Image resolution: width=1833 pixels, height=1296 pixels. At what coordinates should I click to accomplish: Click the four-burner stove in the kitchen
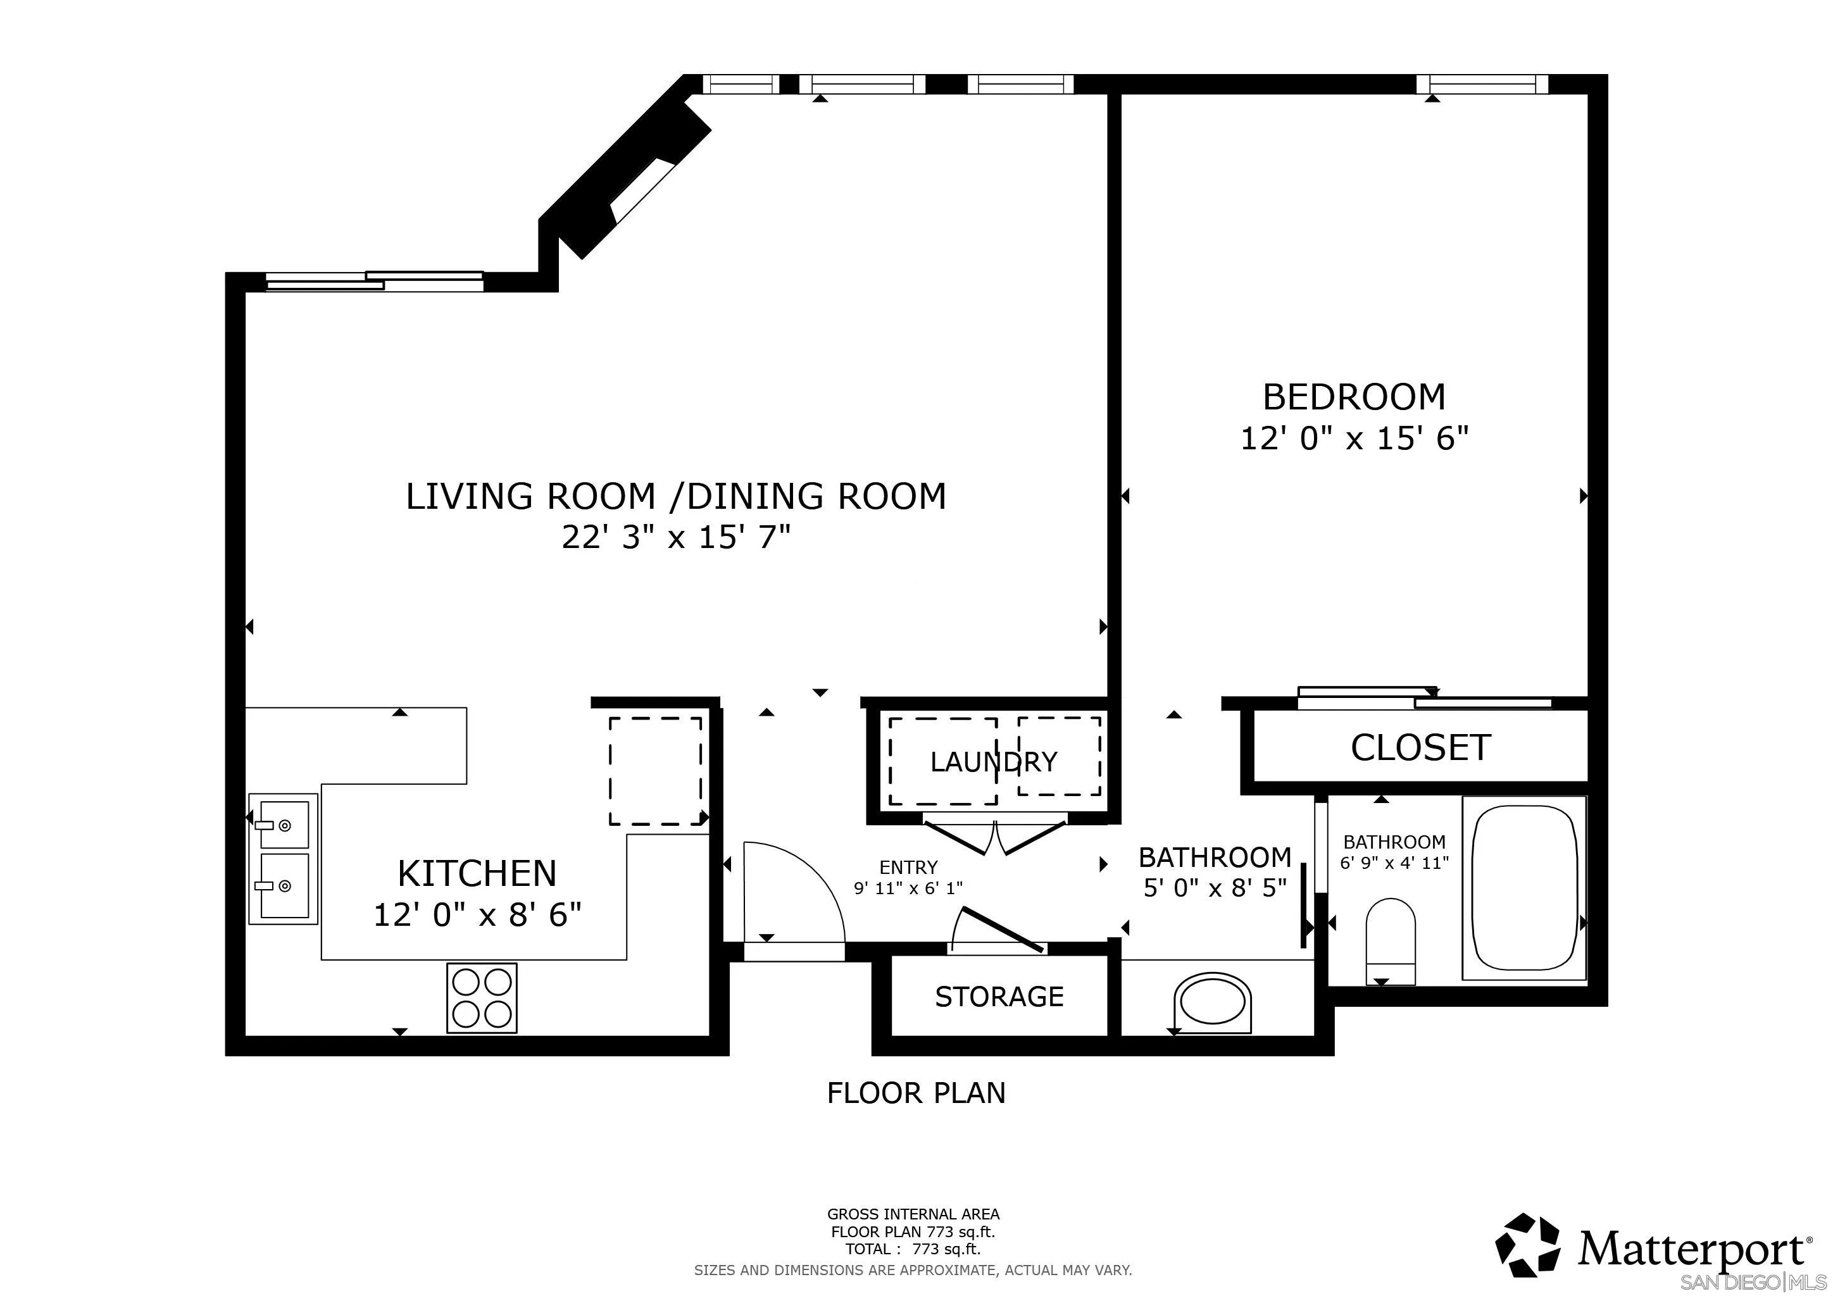(482, 997)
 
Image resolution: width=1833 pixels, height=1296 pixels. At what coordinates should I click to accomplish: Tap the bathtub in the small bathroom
(1523, 887)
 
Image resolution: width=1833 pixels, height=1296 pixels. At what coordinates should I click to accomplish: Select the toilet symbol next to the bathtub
(1390, 940)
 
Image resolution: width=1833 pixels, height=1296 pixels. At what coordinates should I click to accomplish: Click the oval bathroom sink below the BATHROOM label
(1212, 1002)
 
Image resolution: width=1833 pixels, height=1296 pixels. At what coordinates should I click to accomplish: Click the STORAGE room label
(999, 997)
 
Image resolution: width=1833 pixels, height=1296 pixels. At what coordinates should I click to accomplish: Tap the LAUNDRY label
(993, 762)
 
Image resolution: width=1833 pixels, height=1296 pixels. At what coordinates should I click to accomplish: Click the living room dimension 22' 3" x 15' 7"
(675, 537)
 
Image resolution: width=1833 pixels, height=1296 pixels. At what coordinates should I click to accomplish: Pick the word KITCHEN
(477, 874)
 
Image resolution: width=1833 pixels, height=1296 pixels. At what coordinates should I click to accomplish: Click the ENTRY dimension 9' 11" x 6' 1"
(908, 887)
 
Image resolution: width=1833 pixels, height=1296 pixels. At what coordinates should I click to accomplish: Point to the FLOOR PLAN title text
(916, 1092)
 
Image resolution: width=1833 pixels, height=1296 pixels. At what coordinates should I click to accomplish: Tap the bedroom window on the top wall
(1482, 84)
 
